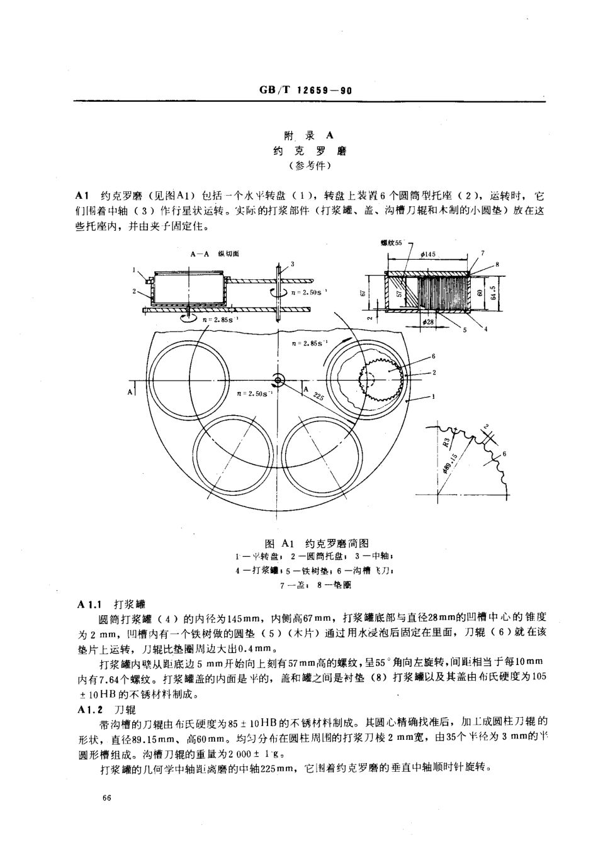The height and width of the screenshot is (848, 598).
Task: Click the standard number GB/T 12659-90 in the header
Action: [305, 91]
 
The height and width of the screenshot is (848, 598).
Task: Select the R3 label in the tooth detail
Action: [446, 441]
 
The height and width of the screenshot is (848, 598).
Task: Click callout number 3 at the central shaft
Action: [292, 264]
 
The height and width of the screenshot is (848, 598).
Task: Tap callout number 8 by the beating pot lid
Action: [497, 264]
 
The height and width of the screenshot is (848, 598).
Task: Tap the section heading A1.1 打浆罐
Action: [111, 603]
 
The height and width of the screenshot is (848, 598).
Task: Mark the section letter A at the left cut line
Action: [130, 392]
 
